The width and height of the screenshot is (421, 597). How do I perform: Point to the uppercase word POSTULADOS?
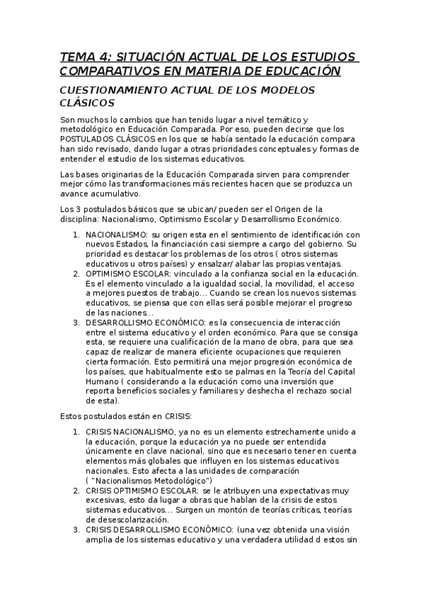[x=91, y=139]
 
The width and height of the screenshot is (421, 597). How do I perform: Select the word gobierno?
[x=327, y=244]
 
